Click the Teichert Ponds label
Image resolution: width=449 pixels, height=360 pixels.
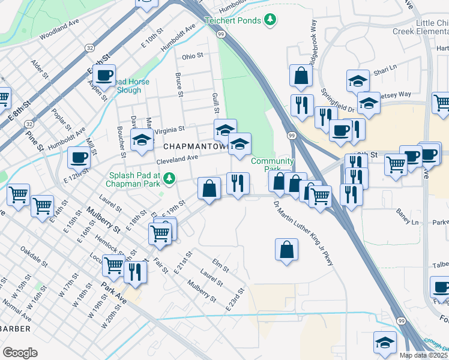point(233,20)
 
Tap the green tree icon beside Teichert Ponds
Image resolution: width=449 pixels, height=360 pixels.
point(271,20)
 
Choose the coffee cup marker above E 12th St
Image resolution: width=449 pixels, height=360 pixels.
point(79,158)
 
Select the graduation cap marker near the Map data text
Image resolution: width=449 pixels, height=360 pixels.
point(385,342)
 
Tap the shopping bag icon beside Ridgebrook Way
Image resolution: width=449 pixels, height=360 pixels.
point(301,76)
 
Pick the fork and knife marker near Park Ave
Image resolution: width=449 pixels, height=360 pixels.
point(136,272)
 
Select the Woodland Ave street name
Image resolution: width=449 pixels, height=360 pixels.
point(59,33)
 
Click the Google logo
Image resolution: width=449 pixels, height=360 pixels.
point(20,353)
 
